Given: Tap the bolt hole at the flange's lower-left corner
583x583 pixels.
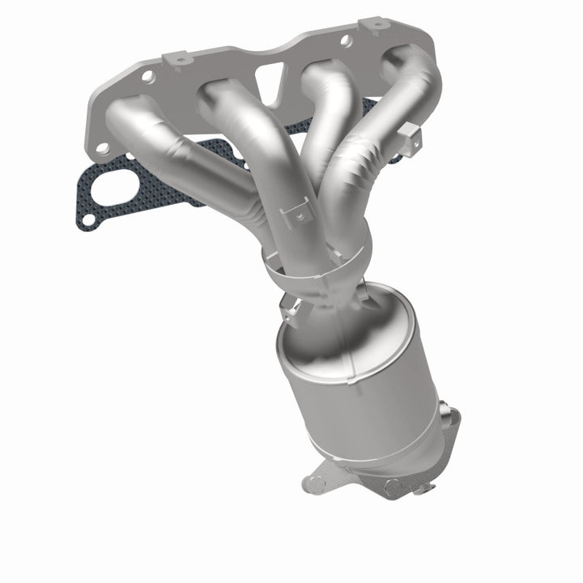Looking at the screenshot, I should click(x=103, y=149).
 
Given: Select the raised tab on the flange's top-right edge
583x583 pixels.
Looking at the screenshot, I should click(x=374, y=24).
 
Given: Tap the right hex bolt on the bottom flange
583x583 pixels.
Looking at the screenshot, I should click(x=394, y=487).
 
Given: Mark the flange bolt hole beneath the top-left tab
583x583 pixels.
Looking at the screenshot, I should click(x=148, y=76).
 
